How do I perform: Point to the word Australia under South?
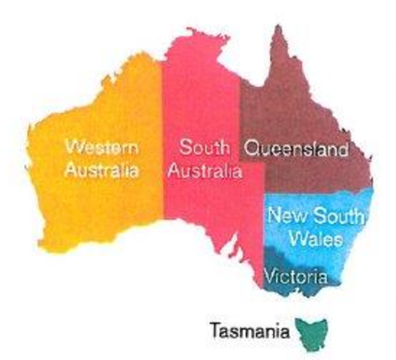point(204,171)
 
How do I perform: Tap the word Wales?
point(316,240)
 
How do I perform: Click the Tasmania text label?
point(251,328)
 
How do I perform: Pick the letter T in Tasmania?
point(216,328)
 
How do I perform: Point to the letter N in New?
point(274,216)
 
